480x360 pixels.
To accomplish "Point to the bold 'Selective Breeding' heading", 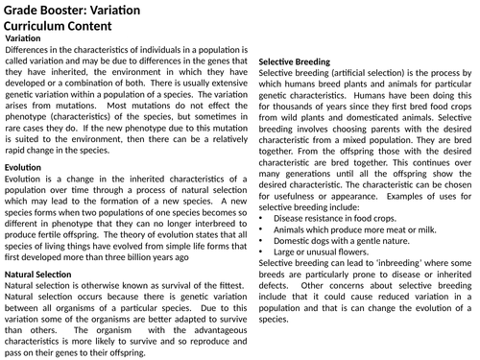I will [x=301, y=61].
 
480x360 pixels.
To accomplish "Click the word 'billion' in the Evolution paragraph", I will [x=148, y=257].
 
